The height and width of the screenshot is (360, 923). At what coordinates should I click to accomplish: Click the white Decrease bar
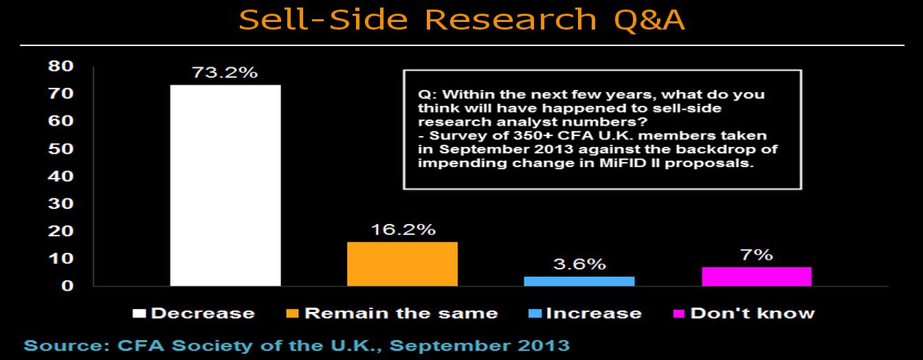click(225, 185)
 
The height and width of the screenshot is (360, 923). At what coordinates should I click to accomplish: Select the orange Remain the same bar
click(402, 264)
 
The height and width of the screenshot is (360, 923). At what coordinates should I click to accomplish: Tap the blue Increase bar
click(579, 281)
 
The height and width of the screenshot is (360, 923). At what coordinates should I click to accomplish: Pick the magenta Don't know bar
click(757, 276)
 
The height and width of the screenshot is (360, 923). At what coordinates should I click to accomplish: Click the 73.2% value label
click(225, 73)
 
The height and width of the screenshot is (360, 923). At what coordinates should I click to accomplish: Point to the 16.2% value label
click(403, 229)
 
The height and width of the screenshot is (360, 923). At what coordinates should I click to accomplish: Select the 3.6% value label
click(579, 264)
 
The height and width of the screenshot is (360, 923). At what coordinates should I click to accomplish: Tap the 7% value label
click(757, 255)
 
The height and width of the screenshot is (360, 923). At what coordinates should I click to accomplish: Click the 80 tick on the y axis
click(60, 66)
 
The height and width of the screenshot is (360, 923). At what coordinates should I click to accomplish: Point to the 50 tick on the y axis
click(60, 148)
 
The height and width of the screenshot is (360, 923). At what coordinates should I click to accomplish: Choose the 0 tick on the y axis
click(67, 285)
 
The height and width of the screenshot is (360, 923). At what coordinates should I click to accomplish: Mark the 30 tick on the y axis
click(60, 203)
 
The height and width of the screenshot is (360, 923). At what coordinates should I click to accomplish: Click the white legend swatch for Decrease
click(140, 313)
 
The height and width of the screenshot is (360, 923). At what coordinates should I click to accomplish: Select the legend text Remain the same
click(401, 313)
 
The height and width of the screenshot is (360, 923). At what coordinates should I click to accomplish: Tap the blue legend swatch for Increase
click(535, 313)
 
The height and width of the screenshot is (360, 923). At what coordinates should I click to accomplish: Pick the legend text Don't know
click(753, 313)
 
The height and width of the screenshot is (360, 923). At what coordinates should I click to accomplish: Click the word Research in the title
click(511, 19)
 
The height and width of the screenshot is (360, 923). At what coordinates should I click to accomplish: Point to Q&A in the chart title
click(649, 20)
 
